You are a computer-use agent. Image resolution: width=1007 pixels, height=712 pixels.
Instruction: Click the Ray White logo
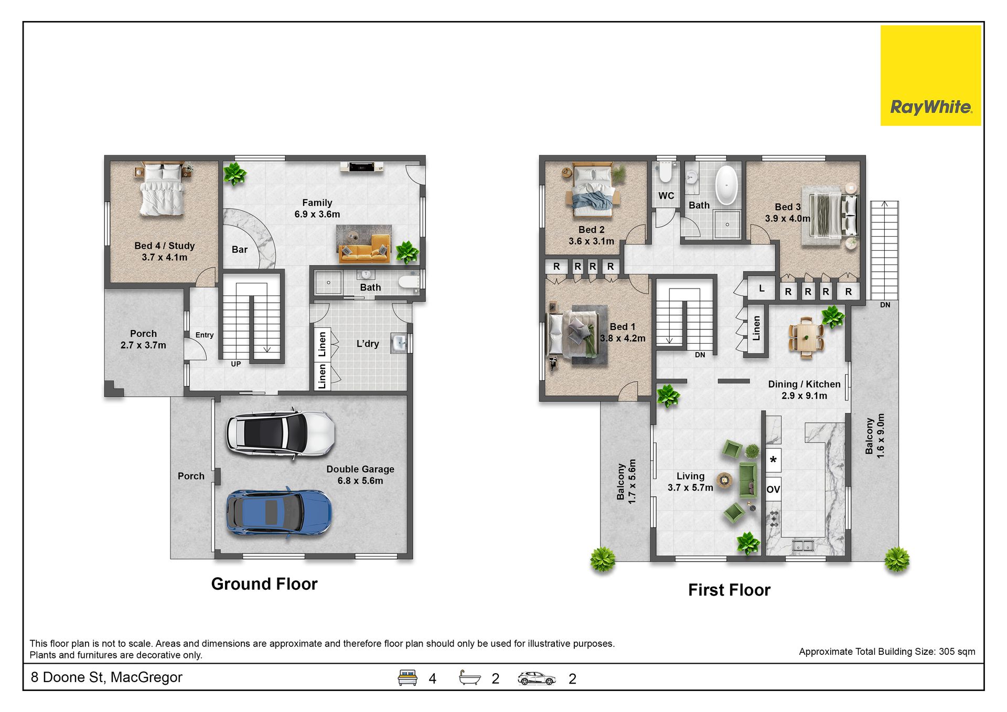[930, 76]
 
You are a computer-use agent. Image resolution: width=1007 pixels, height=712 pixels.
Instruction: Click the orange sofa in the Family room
[364, 249]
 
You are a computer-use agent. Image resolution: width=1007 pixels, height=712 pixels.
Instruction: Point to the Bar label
[240, 250]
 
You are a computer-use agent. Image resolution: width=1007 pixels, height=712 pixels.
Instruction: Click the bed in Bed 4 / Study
[162, 189]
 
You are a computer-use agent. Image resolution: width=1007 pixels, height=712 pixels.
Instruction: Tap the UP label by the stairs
[236, 364]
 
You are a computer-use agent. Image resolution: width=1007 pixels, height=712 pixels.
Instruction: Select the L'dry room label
[368, 344]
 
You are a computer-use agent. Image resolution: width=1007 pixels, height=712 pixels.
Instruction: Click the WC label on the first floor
[666, 196]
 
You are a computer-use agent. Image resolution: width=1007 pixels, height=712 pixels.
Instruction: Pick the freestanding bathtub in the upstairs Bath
[726, 185]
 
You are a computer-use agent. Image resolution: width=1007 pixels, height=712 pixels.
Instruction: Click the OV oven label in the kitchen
[773, 490]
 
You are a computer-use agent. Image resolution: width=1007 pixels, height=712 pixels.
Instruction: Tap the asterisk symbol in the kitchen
[773, 460]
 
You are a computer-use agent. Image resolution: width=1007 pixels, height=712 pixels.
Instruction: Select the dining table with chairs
[806, 337]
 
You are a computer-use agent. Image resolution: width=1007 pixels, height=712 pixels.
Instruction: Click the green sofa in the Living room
[748, 480]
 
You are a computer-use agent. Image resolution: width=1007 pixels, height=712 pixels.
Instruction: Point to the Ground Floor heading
[264, 584]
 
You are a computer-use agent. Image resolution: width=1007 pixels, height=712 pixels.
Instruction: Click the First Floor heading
[729, 590]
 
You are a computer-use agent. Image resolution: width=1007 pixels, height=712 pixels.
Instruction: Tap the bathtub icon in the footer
[469, 678]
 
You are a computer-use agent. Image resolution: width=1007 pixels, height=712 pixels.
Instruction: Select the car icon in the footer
[536, 678]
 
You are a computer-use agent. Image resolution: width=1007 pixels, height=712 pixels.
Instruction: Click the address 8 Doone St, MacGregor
[106, 677]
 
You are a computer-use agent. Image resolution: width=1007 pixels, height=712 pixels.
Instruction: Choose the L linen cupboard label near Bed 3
[762, 288]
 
